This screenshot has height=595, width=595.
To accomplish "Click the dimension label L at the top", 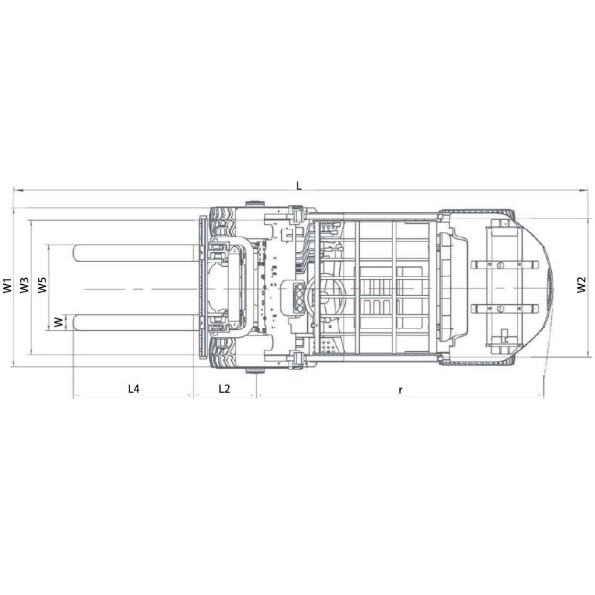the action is click(299, 185).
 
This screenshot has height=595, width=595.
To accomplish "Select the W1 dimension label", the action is click(7, 286).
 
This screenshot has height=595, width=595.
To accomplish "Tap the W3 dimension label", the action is click(25, 286).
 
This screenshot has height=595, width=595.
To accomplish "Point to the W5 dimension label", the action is click(42, 286).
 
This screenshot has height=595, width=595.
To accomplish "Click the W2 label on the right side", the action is click(582, 285).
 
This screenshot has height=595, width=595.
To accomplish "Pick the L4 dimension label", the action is click(134, 388).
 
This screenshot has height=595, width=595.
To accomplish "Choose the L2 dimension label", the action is click(225, 388).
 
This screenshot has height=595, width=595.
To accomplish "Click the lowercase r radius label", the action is click(400, 390).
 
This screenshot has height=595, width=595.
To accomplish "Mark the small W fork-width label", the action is click(59, 323).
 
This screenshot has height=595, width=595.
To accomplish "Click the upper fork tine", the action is click(135, 253).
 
